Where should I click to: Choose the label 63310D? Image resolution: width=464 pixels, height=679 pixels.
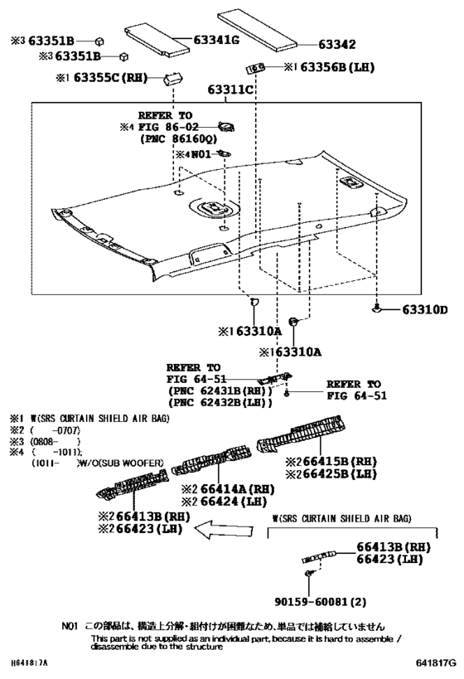[424, 311]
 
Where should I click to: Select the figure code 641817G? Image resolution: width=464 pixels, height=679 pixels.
[436, 662]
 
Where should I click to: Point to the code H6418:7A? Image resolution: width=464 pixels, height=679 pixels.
[31, 663]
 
